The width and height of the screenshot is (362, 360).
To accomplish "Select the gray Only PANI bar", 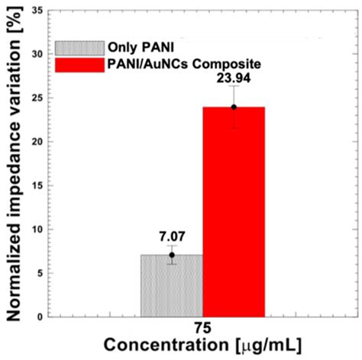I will coord(172,285).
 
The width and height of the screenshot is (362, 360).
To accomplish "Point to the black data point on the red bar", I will coord(234,107).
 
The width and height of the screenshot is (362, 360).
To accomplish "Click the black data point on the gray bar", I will coord(173,255).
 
